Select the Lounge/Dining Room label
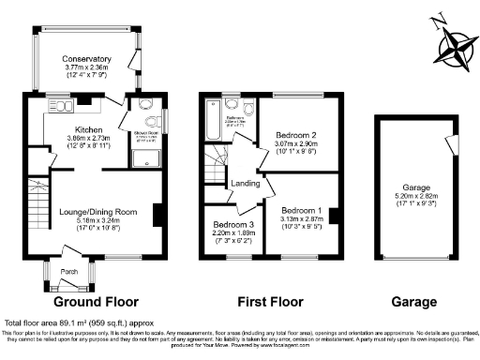click(93, 213)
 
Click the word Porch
click(69, 273)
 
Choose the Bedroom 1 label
click(301, 210)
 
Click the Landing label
click(246, 183)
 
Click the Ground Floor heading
click(97, 303)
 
